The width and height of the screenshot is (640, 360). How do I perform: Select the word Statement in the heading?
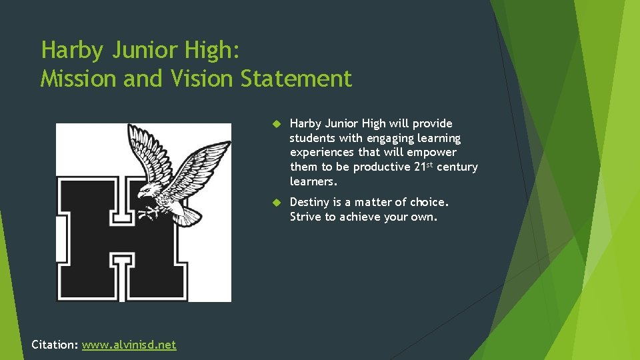(x=295, y=79)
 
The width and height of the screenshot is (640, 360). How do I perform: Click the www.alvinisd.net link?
(x=129, y=345)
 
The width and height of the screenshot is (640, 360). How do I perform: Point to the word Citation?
(x=55, y=345)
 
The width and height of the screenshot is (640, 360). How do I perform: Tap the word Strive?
(x=305, y=217)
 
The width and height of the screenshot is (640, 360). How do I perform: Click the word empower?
(x=434, y=153)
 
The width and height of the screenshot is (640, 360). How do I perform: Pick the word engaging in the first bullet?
(x=385, y=139)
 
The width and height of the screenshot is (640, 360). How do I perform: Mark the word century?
(x=457, y=167)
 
